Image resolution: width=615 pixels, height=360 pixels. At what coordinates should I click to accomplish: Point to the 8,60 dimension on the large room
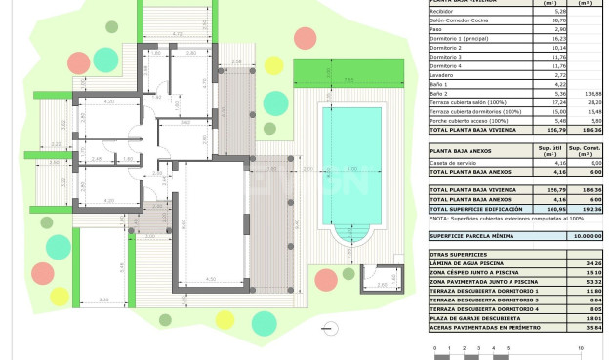click(184, 224)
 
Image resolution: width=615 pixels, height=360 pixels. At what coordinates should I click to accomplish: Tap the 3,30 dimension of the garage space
click(103, 300)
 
